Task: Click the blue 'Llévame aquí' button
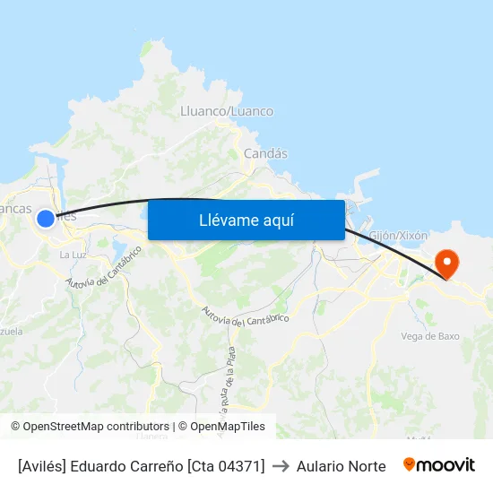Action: pyautogui.click(x=246, y=220)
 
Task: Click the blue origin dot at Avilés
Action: pyautogui.click(x=46, y=218)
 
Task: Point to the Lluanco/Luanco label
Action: pyautogui.click(x=227, y=111)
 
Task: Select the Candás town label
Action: pyautogui.click(x=265, y=153)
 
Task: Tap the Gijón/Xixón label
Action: pyautogui.click(x=398, y=235)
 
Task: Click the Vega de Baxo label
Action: pyautogui.click(x=430, y=336)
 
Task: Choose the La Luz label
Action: pyautogui.click(x=72, y=255)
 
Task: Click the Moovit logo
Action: pyautogui.click(x=439, y=465)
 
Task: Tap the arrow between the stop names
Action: pyautogui.click(x=281, y=466)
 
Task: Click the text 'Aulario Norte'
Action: pyautogui.click(x=342, y=466)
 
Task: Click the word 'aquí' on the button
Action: pyautogui.click(x=276, y=220)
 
